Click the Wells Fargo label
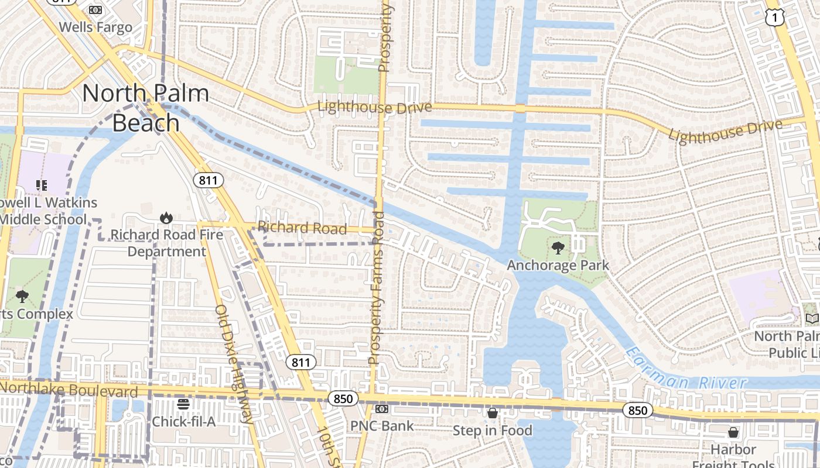pos(95,27)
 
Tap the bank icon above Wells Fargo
pos(95,9)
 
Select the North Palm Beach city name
pos(146,108)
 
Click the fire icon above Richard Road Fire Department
pos(166,218)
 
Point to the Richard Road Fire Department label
pos(167,243)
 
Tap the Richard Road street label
pos(302,228)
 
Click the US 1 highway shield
pos(774,18)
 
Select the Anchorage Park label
pos(558,265)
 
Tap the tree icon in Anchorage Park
pos(558,247)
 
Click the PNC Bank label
pos(382,425)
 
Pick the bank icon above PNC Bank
pos(382,409)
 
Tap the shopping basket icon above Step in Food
pos(493,414)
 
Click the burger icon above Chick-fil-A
pos(183,404)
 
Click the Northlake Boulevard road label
pos(69,389)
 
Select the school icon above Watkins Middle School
pos(42,185)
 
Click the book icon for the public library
pos(812,318)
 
